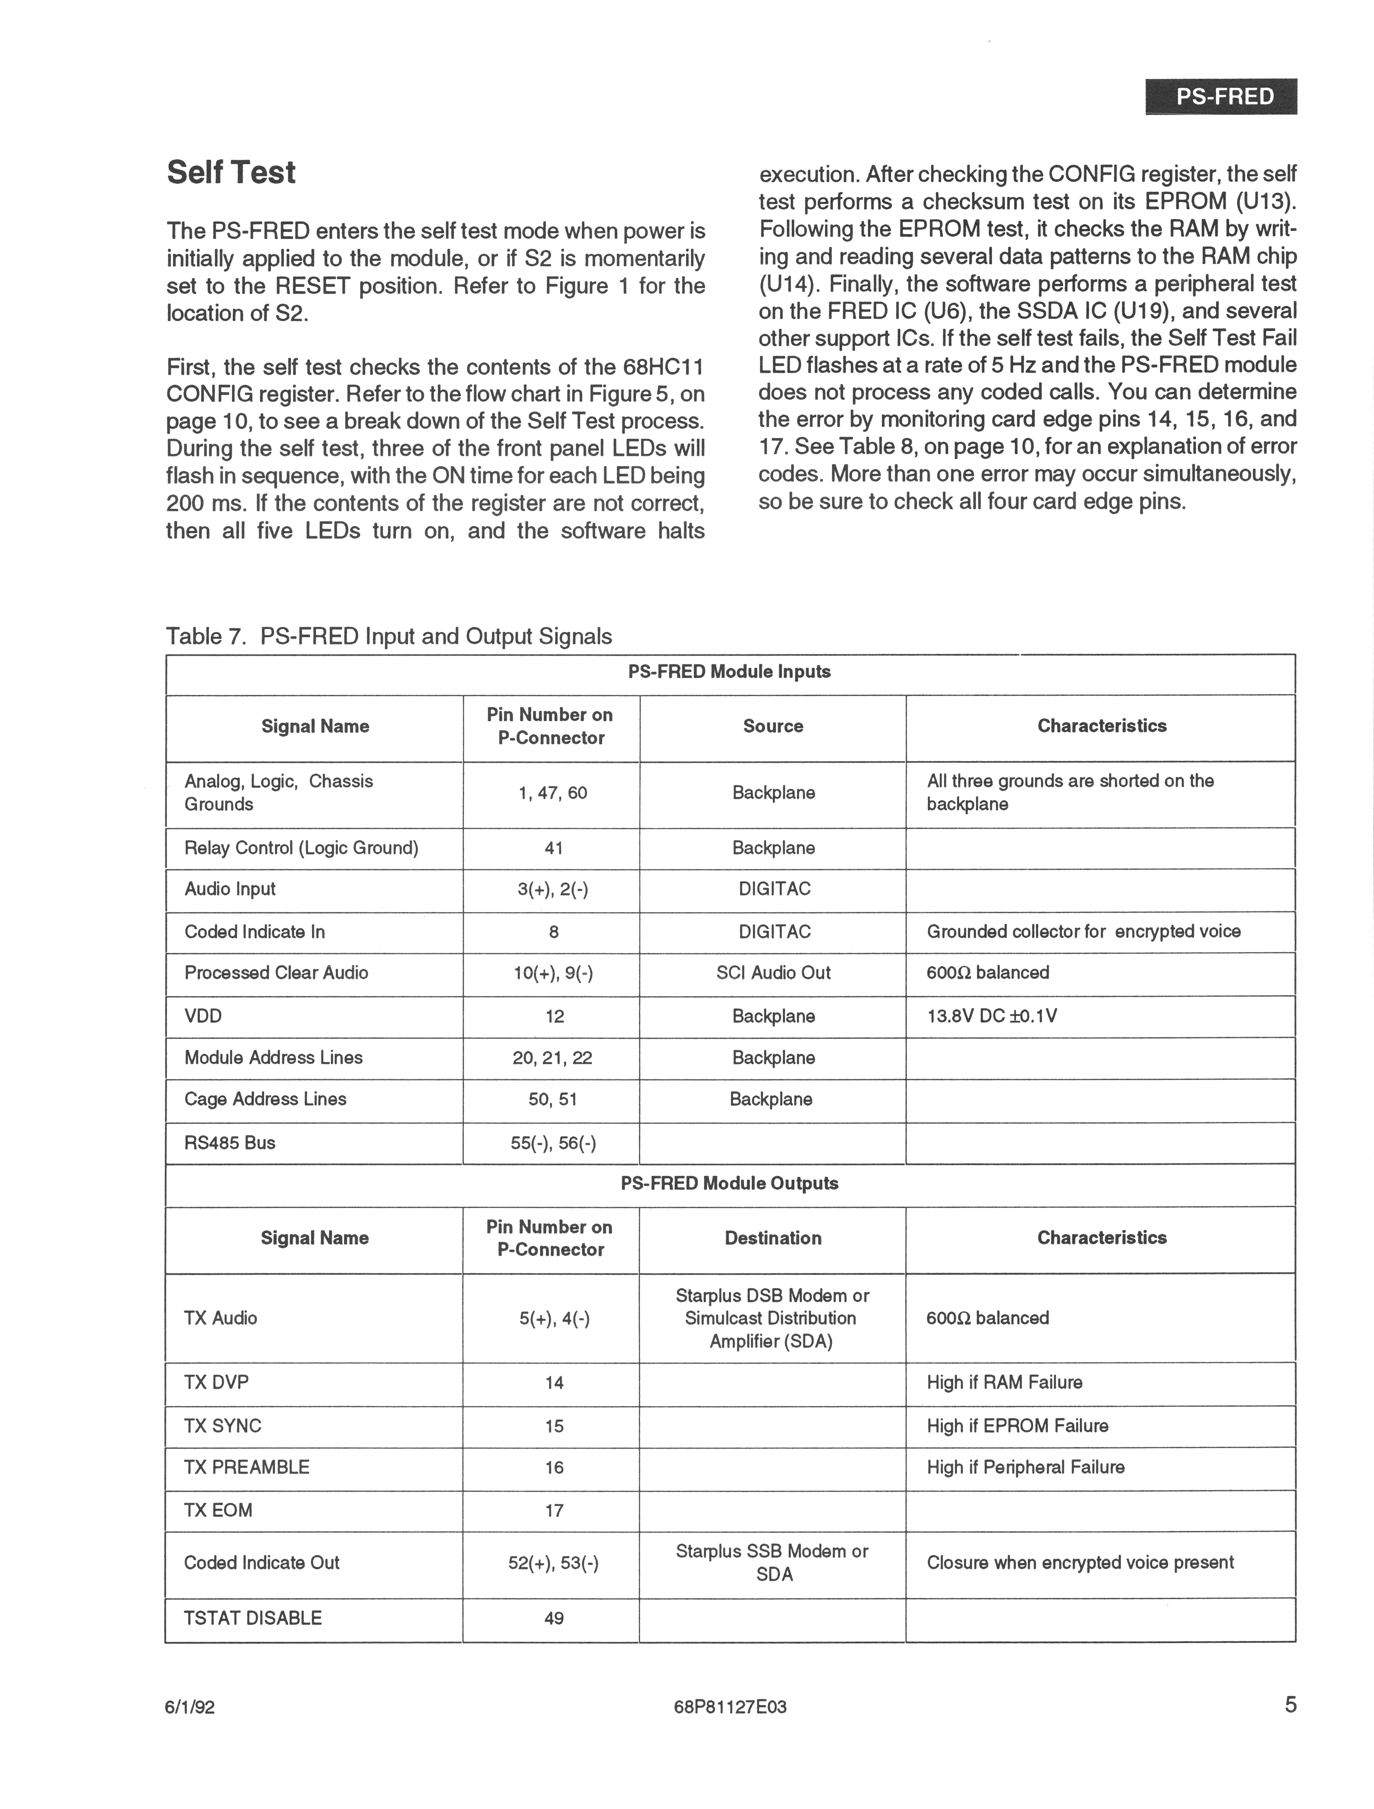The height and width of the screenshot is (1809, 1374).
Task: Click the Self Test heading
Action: pos(231,173)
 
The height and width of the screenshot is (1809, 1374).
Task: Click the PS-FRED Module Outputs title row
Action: pos(730,1183)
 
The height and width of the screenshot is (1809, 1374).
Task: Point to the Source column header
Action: pos(773,726)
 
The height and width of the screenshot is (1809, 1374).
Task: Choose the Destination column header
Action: pos(773,1238)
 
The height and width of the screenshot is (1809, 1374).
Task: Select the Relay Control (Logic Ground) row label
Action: pos(301,848)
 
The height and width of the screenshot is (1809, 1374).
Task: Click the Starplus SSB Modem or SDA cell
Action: pos(773,1563)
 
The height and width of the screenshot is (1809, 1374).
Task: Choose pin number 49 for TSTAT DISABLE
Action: pos(554,1618)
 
